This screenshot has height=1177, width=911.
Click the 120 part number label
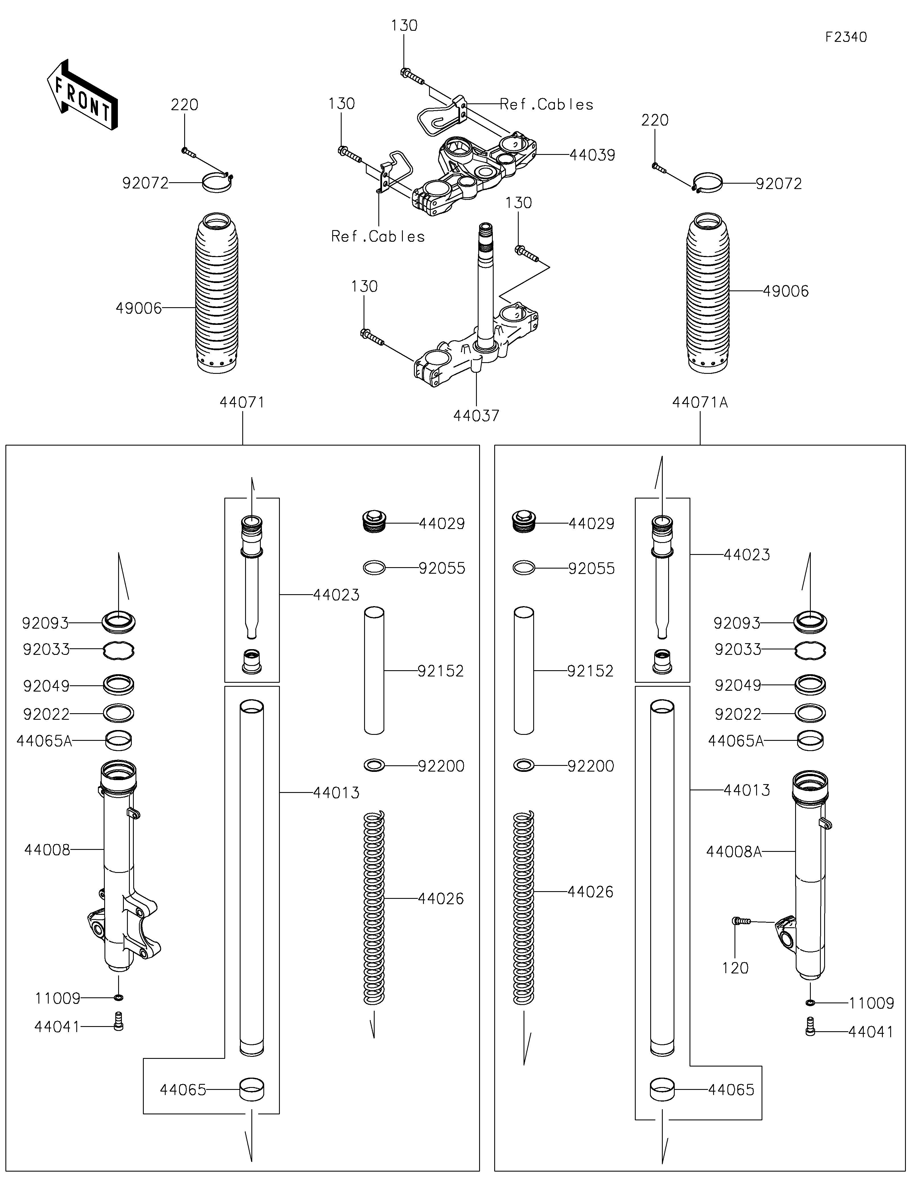735,968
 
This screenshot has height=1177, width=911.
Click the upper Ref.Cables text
546,104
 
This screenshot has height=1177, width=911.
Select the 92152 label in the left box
441,671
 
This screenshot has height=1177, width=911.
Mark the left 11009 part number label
58,998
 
